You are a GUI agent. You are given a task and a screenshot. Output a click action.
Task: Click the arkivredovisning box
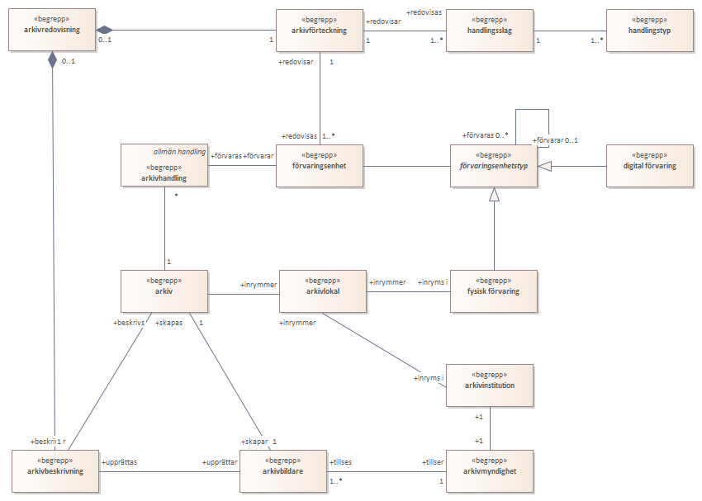(x=52, y=30)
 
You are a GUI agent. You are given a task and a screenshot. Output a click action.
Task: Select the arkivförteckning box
(x=320, y=31)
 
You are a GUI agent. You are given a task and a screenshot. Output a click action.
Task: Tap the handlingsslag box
(x=490, y=31)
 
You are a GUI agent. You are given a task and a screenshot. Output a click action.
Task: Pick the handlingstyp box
(x=650, y=31)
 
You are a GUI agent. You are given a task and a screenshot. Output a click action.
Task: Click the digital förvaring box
(x=650, y=166)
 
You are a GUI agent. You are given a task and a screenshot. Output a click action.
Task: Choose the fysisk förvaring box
(x=493, y=291)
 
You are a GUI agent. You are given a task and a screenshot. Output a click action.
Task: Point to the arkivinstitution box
(x=490, y=385)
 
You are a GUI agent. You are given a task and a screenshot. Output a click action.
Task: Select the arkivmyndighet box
(x=490, y=471)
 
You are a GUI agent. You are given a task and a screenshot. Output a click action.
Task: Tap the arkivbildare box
(x=283, y=471)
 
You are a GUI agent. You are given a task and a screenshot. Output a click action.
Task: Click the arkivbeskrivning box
(x=55, y=471)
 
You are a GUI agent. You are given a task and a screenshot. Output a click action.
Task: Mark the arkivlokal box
(x=323, y=291)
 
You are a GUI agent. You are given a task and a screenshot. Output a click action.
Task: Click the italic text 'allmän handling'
(x=179, y=152)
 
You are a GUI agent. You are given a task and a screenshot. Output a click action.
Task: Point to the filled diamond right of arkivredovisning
(x=104, y=30)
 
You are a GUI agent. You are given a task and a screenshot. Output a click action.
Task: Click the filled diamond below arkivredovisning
(x=52, y=59)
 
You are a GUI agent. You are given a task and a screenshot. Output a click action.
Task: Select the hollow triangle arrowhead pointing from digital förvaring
(x=544, y=167)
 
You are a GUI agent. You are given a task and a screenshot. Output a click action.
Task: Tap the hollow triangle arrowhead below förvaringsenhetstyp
(x=494, y=194)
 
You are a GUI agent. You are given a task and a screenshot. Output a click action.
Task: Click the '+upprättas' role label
(x=119, y=462)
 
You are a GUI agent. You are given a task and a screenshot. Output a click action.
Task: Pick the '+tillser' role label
(x=433, y=462)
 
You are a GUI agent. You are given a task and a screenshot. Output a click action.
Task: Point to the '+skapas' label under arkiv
(x=168, y=323)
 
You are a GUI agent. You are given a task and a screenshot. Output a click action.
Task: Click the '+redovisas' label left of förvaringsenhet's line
(x=299, y=136)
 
